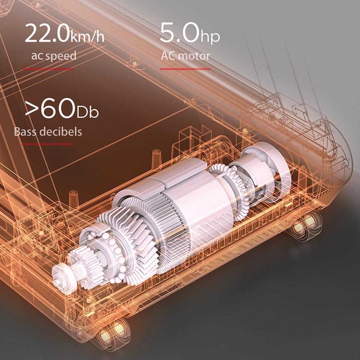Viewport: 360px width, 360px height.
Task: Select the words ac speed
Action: pyautogui.click(x=54, y=56)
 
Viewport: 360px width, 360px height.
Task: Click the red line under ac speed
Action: pyautogui.click(x=48, y=69)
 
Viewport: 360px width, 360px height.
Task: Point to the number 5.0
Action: pyautogui.click(x=180, y=33)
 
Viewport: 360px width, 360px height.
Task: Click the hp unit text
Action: pyautogui.click(x=210, y=37)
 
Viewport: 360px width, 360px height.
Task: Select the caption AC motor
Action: pyautogui.click(x=185, y=56)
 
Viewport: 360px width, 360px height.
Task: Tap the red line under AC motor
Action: pyautogui.click(x=185, y=69)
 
